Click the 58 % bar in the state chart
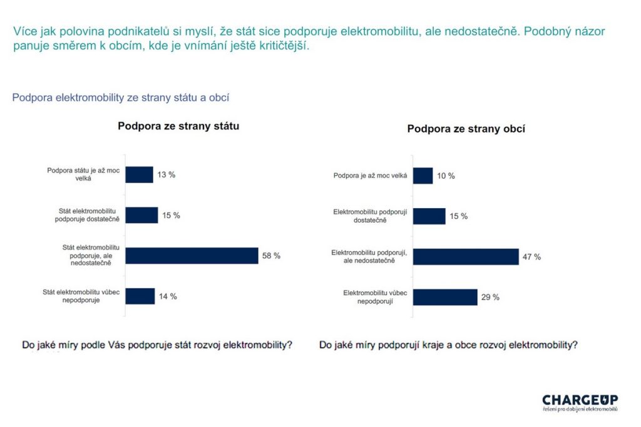[192, 256]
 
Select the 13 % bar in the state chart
[139, 174]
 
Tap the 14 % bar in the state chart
[140, 296]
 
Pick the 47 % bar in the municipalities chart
[466, 256]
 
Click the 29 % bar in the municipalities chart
[445, 297]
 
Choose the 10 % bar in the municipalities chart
[423, 176]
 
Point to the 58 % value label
[272, 256]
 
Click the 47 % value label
[532, 257]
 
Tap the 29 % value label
[491, 298]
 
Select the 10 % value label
[446, 176]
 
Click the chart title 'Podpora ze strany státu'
[178, 126]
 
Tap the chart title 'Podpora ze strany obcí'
[466, 129]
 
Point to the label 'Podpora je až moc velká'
[370, 176]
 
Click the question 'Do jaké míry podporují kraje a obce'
[448, 345]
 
